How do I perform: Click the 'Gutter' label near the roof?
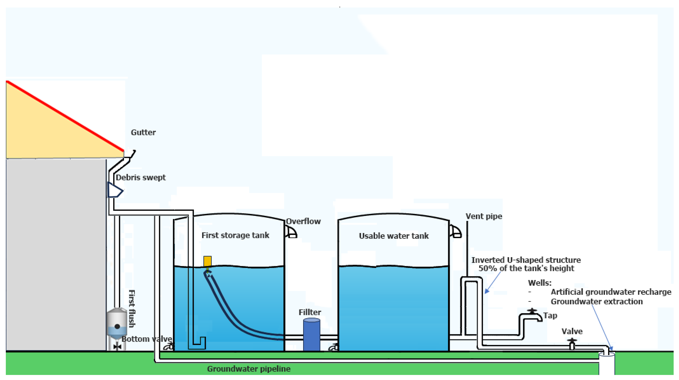(143, 132)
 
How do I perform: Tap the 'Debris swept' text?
(141, 177)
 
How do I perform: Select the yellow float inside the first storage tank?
(207, 261)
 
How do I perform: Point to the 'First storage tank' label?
(235, 235)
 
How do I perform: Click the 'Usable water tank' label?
(393, 236)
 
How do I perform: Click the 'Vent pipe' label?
(484, 216)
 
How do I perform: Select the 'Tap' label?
(550, 315)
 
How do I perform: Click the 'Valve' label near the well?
(572, 331)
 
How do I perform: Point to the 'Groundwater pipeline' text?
(249, 369)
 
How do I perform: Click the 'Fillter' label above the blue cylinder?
(310, 312)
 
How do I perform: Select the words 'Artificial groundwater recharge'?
(611, 292)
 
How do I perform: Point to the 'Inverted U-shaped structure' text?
(526, 260)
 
